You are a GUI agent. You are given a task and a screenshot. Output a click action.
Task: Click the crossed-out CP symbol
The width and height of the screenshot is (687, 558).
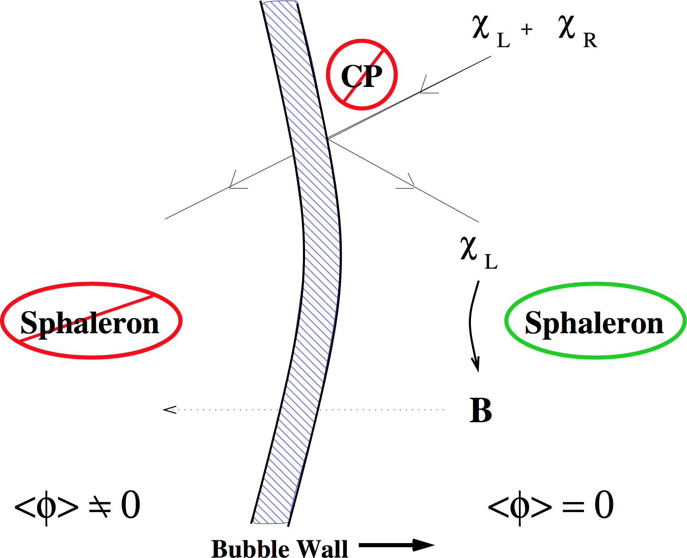pos(362,75)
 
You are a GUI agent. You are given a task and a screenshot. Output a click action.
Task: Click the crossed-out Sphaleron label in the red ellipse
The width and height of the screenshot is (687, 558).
pos(90,322)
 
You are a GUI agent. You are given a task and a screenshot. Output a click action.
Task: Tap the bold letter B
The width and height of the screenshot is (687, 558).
pos(480,410)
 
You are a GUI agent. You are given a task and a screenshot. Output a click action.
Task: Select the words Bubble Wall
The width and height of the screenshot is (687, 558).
pos(279,549)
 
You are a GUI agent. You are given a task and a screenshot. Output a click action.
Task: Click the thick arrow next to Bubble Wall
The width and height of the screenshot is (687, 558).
pos(396,545)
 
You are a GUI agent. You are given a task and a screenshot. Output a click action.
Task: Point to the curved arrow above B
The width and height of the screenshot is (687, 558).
pos(473,327)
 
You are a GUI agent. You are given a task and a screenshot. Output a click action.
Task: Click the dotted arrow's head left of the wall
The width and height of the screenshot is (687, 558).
pos(169,410)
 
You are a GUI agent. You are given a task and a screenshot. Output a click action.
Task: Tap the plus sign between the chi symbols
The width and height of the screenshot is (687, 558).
pos(526,29)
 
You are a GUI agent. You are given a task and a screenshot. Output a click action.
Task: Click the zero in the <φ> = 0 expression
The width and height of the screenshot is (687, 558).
pos(604,505)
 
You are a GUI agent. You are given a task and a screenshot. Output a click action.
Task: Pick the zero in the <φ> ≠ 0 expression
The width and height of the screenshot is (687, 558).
pos(130,505)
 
